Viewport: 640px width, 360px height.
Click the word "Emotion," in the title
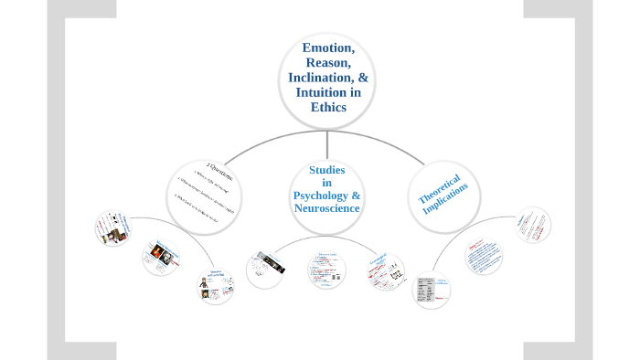click(x=327, y=48)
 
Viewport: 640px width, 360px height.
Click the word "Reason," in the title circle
click(x=327, y=62)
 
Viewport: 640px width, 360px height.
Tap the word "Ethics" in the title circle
click(x=327, y=107)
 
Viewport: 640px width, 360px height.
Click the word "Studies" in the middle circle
click(x=326, y=170)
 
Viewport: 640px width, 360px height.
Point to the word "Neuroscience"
click(x=326, y=208)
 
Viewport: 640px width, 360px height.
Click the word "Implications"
click(x=447, y=199)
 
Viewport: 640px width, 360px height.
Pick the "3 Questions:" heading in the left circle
click(x=219, y=172)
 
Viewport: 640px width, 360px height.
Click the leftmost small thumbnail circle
click(x=114, y=228)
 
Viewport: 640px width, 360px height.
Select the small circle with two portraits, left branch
click(x=161, y=257)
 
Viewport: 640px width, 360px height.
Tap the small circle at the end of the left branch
click(x=216, y=286)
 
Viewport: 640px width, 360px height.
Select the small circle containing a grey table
click(x=432, y=291)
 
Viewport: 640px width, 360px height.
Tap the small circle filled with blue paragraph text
click(x=483, y=256)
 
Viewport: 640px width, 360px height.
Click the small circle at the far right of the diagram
click(x=532, y=225)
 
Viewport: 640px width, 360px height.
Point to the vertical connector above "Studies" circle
click(x=326, y=144)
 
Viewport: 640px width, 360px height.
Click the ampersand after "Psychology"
click(x=356, y=196)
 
